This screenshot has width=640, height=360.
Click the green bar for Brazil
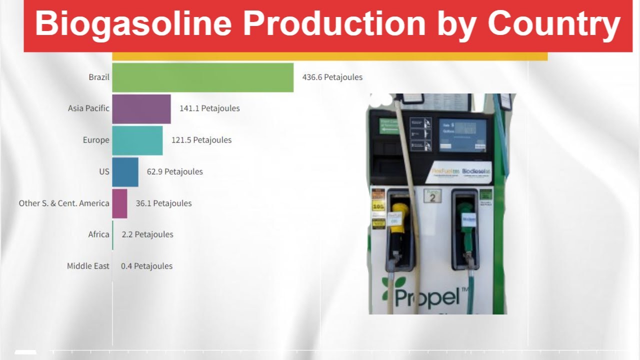(x=202, y=77)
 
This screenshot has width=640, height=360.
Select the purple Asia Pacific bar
(x=141, y=109)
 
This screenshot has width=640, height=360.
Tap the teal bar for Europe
(x=137, y=140)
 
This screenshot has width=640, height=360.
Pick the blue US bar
(x=125, y=172)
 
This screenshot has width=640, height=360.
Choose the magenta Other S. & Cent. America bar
(x=119, y=203)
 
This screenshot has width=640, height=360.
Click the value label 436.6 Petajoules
(x=332, y=77)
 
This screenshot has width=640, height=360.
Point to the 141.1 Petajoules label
(x=209, y=108)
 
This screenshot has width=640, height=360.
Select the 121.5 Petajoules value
(x=201, y=140)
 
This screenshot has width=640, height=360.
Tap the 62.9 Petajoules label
(x=174, y=172)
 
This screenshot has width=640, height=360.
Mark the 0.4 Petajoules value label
(x=146, y=266)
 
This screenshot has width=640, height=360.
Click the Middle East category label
(x=88, y=266)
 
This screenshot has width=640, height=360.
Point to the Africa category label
(x=98, y=234)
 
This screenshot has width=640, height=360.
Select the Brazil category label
(x=99, y=77)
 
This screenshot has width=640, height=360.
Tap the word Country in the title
(x=553, y=23)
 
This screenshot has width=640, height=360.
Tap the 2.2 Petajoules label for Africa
(x=147, y=234)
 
